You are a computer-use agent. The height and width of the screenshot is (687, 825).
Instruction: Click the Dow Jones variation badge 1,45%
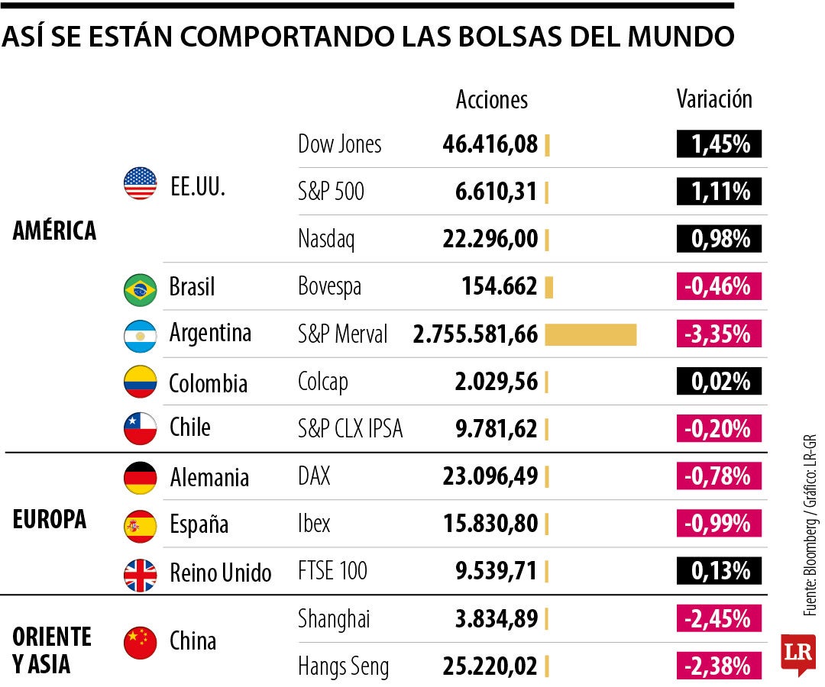718,144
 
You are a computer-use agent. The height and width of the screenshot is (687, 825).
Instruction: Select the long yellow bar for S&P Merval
590,334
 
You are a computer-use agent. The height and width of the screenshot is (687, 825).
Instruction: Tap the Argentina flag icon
140,335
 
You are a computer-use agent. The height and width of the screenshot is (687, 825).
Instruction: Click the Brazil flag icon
140,289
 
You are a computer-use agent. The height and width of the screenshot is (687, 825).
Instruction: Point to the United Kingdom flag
140,574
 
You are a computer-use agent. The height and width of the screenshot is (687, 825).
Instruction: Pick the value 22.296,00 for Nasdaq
490,240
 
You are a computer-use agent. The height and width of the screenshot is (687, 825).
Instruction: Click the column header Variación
714,99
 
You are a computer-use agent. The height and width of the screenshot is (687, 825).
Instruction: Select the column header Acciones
491,99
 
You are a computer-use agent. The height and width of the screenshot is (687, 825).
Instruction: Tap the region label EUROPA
50,519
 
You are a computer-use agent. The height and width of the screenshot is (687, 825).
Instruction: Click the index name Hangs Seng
343,666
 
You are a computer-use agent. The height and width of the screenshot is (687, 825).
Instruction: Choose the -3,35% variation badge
718,334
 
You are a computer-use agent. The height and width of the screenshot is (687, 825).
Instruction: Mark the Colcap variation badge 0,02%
718,382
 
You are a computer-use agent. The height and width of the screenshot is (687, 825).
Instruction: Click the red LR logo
797,653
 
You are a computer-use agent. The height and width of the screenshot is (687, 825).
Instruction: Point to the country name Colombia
208,382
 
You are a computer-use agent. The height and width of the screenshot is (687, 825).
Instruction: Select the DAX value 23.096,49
490,477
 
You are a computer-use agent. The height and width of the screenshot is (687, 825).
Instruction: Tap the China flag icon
140,642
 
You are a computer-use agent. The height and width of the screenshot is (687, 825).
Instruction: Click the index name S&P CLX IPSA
350,430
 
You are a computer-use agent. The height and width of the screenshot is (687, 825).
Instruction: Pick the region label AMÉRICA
54,231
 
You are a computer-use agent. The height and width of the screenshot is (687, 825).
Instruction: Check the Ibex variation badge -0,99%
718,524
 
